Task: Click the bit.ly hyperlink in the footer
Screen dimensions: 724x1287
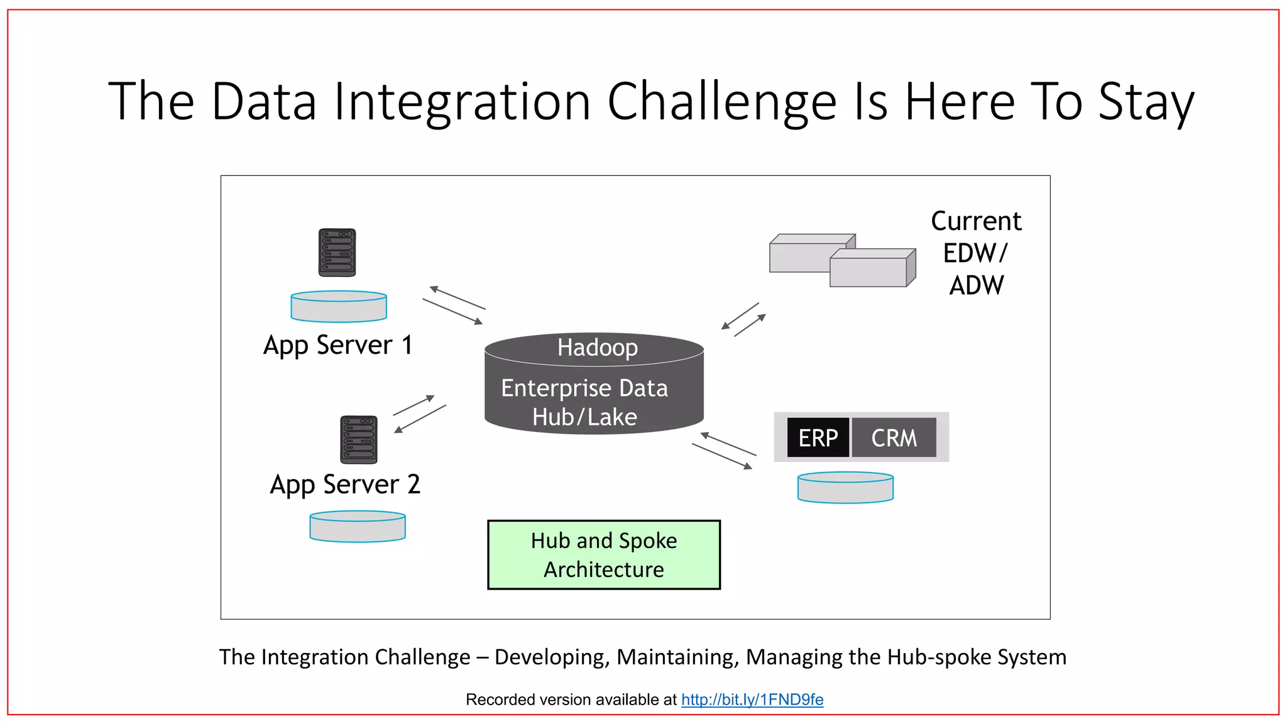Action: click(752, 699)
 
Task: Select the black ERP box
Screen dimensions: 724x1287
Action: click(818, 437)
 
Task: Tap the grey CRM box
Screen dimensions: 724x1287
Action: click(894, 437)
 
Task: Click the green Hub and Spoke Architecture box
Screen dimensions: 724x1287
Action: click(604, 555)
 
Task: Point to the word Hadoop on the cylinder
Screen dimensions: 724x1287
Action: click(598, 348)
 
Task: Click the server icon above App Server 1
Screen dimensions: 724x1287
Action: click(337, 253)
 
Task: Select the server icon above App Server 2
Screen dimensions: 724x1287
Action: click(359, 439)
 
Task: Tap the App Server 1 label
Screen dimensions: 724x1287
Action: click(338, 345)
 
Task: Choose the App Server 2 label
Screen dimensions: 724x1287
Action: click(345, 485)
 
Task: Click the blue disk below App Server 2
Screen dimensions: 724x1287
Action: click(358, 527)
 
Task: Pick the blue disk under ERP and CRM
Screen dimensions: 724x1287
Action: click(845, 488)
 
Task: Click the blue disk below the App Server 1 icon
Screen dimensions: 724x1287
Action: click(339, 307)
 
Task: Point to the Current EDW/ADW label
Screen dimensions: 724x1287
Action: click(976, 253)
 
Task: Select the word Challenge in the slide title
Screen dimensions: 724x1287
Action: click(722, 102)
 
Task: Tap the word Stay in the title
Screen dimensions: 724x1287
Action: click(1146, 102)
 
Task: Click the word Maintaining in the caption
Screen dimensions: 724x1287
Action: click(677, 657)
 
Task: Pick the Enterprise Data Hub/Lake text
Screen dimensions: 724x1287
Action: click(584, 402)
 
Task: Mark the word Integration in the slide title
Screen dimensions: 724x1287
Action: click(462, 102)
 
